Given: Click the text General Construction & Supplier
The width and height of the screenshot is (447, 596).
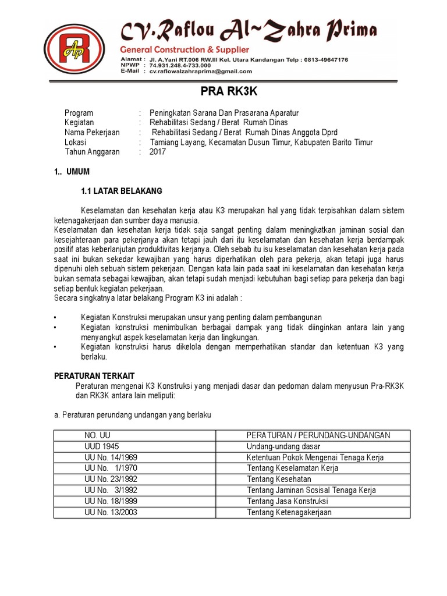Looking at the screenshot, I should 184,49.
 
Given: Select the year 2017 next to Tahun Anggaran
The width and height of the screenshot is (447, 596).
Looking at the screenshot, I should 158,152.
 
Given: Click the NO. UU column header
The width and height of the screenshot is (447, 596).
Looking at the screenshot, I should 97,435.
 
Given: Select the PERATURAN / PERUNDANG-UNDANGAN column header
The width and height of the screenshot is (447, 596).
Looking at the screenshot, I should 318,435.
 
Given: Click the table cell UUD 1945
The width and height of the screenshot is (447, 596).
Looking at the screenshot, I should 101,446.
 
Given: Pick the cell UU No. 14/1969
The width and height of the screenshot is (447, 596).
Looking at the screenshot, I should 109,457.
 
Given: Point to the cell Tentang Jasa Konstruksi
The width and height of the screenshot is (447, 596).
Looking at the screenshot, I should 288,501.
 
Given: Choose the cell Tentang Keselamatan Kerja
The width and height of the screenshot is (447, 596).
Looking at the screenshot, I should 293,469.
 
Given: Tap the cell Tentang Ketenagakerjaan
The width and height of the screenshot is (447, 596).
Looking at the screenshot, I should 289,512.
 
